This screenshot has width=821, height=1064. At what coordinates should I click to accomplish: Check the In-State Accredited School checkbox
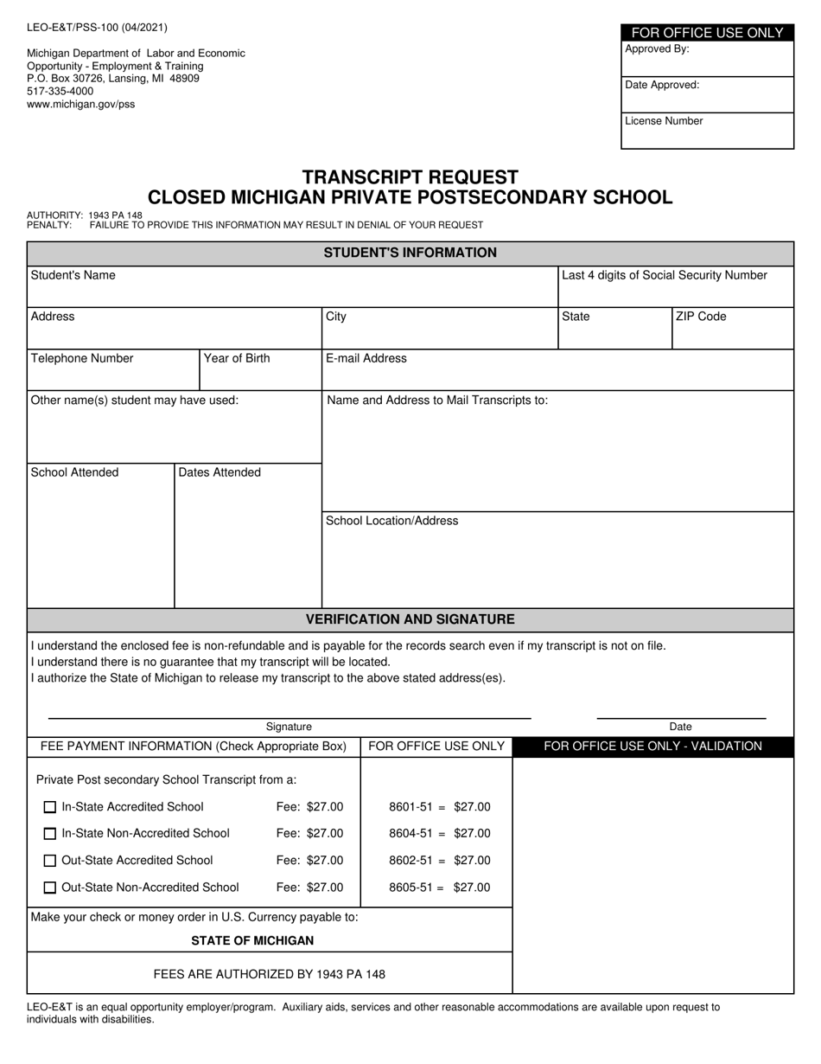pyautogui.click(x=50, y=807)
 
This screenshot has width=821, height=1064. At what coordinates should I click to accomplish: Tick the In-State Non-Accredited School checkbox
pyautogui.click(x=50, y=834)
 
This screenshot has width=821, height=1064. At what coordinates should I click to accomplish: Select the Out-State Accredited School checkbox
pyautogui.click(x=50, y=861)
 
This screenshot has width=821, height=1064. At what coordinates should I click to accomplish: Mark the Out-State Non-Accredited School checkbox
pyautogui.click(x=50, y=888)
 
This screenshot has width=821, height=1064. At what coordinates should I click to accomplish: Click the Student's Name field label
pyautogui.click(x=73, y=275)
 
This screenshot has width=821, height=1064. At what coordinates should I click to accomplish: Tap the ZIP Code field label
pyautogui.click(x=701, y=317)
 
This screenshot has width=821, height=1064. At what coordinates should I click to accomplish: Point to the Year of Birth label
pyautogui.click(x=236, y=358)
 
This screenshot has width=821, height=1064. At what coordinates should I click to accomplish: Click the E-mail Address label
pyautogui.click(x=366, y=358)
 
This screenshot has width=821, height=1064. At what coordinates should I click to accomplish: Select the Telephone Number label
pyautogui.click(x=82, y=358)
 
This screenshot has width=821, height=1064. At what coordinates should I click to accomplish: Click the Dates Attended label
pyautogui.click(x=220, y=472)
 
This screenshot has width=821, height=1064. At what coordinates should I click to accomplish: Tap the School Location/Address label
pyautogui.click(x=391, y=521)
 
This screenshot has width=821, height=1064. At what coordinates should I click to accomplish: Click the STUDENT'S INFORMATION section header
pyautogui.click(x=410, y=253)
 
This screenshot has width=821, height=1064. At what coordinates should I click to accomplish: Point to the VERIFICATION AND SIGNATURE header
pyautogui.click(x=410, y=619)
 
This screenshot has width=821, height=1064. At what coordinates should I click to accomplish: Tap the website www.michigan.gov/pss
pyautogui.click(x=80, y=104)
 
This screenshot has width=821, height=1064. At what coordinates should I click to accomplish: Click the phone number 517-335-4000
pyautogui.click(x=60, y=91)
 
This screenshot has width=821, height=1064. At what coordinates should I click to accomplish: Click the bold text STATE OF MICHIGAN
pyautogui.click(x=252, y=940)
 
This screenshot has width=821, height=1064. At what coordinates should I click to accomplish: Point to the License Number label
pyautogui.click(x=664, y=121)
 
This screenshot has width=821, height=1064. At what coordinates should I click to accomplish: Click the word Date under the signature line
pyautogui.click(x=680, y=727)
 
